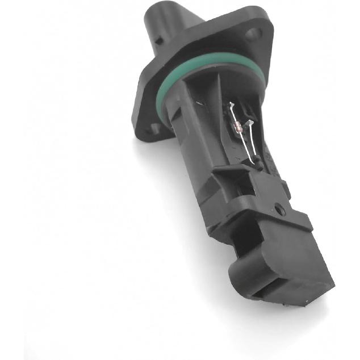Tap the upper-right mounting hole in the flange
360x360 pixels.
[x=253, y=35]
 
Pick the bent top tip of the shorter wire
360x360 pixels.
[x=249, y=122]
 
